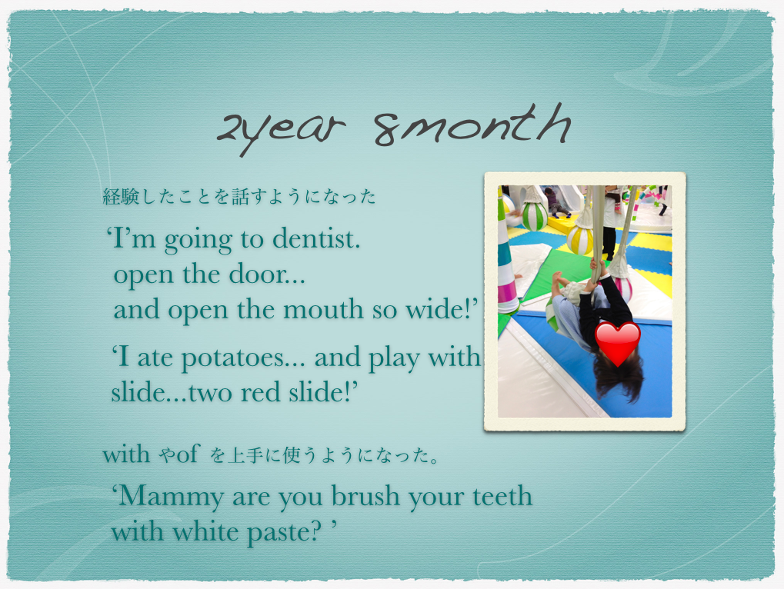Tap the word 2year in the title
(x=281, y=131)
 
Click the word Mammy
(x=171, y=497)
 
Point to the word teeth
(x=502, y=496)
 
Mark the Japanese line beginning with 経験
(x=239, y=197)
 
